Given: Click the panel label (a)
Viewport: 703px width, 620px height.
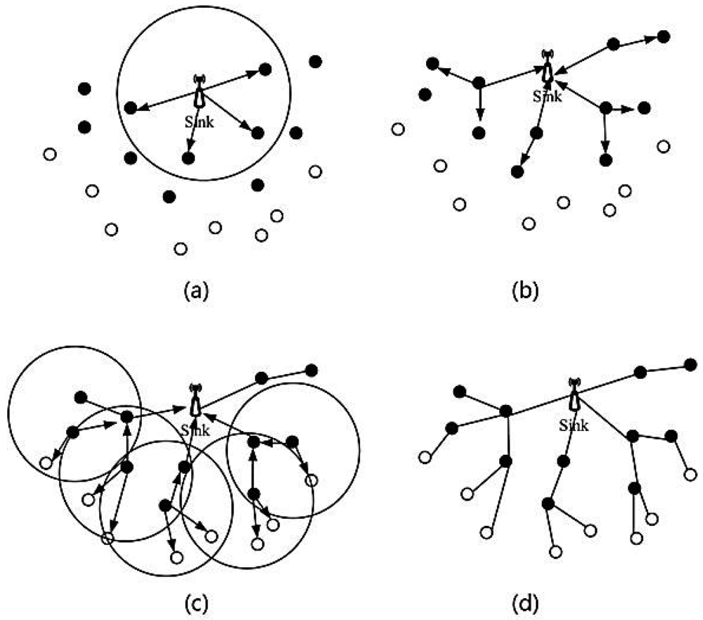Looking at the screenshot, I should [196, 289].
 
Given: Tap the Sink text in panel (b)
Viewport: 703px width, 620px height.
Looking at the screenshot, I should [548, 97].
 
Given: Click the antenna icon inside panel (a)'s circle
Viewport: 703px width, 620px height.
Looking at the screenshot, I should [200, 91].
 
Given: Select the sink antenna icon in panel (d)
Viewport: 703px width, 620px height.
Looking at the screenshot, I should [574, 396].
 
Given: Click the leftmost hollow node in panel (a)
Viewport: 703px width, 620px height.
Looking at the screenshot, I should [49, 155].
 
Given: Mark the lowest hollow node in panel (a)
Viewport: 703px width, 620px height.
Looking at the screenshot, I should [181, 248].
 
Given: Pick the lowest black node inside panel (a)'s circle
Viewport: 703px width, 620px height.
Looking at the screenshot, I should [188, 158].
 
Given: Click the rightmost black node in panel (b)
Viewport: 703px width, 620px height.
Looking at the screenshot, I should [664, 36].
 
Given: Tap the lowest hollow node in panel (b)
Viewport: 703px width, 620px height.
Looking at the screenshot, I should [529, 224].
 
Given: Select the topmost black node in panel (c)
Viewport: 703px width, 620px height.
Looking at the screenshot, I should [311, 370].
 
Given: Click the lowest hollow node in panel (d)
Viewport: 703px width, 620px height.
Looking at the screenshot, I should [556, 553].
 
